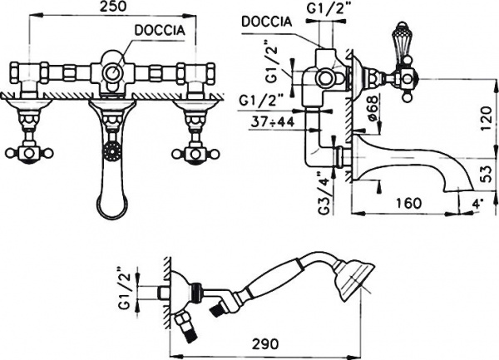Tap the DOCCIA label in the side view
[267, 23]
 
